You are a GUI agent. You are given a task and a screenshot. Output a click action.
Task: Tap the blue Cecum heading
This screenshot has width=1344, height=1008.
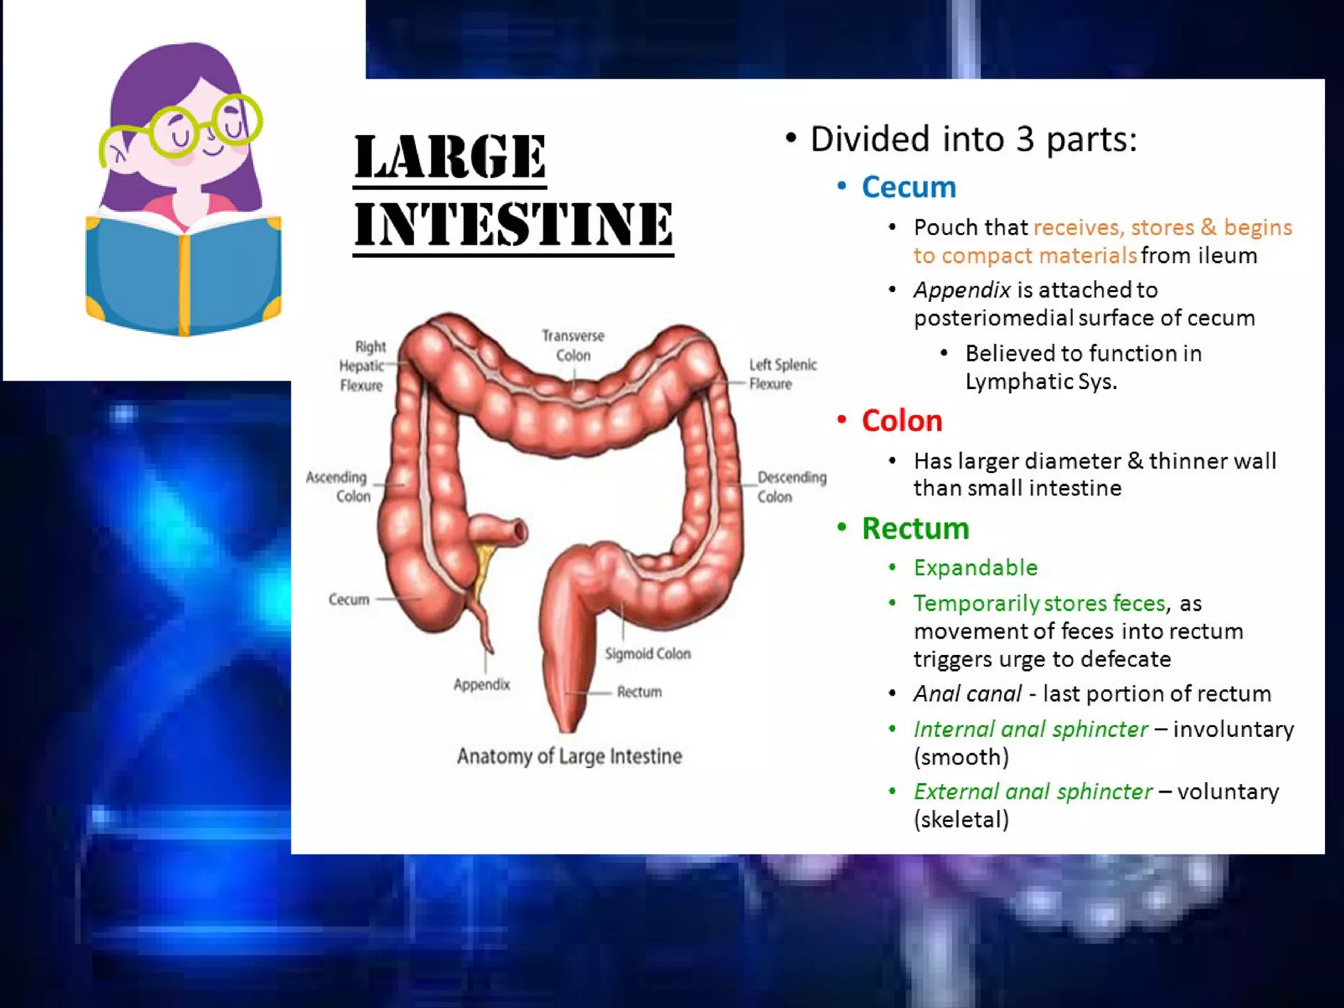[x=908, y=187]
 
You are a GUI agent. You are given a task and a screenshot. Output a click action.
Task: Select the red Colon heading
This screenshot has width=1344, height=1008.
[x=902, y=421]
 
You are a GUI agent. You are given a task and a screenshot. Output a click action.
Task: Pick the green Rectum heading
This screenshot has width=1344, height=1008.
[x=915, y=528]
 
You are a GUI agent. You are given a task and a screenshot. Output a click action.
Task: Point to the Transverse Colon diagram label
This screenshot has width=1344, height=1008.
[x=573, y=345]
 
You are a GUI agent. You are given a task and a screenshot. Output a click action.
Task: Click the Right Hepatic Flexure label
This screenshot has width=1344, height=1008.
[x=362, y=366]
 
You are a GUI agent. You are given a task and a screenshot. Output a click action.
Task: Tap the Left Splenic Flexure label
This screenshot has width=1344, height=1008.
[x=782, y=373]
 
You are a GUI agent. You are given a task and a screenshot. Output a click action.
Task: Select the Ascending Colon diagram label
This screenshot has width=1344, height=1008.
[x=337, y=486]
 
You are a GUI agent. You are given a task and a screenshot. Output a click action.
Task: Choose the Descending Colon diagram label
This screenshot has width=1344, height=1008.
[x=791, y=486]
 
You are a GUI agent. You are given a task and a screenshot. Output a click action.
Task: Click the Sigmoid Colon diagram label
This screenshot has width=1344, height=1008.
[x=647, y=654]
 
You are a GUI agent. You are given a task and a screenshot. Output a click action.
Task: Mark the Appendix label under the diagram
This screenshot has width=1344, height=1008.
[x=482, y=684]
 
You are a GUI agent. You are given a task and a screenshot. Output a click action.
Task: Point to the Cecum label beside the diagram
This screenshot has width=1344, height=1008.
[x=348, y=599]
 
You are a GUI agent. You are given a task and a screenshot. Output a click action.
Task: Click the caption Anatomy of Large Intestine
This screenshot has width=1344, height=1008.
[x=569, y=756]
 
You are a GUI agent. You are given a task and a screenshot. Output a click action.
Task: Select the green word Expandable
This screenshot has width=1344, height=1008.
[x=975, y=568]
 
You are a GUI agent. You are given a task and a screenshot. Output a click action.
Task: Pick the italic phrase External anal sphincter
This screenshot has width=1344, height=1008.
[x=1033, y=791]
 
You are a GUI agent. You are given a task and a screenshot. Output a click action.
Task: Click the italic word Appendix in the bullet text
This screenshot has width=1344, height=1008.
[x=961, y=289]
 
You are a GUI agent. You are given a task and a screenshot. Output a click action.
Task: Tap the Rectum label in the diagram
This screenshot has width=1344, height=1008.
[x=639, y=692]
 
